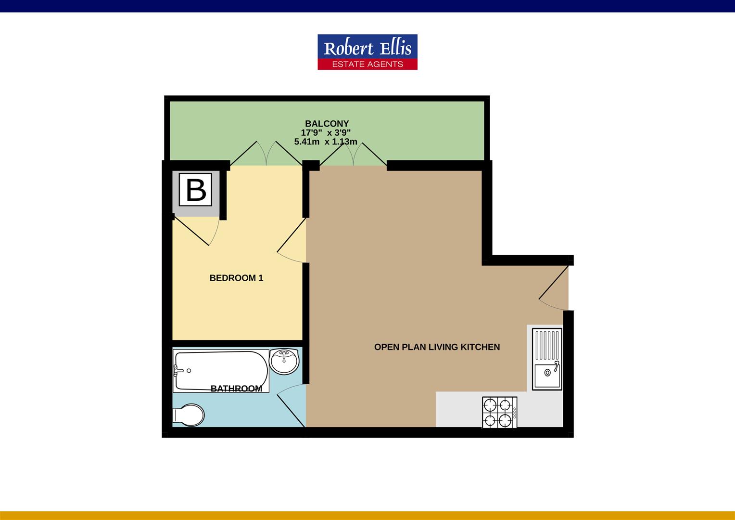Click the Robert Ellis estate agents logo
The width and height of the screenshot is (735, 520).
point(367,52)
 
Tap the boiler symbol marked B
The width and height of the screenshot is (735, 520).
point(196,190)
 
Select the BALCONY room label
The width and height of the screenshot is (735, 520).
point(327,124)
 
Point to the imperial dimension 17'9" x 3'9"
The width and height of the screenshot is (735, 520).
point(326,132)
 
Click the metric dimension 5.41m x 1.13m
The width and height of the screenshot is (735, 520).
point(326,142)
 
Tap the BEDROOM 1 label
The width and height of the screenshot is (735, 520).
point(236,278)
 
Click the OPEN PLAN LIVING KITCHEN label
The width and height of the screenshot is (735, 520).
point(437,347)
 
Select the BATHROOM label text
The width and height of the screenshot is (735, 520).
point(236,389)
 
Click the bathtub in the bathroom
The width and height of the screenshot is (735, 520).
point(221,371)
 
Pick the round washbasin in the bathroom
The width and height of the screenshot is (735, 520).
point(284,361)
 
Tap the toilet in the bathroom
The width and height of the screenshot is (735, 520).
point(189,415)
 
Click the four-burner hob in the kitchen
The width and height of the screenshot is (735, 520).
point(499,413)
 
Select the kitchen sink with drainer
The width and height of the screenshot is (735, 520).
point(547,359)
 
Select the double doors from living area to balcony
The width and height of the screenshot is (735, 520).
point(353,153)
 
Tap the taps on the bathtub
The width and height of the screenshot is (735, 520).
point(177,371)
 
